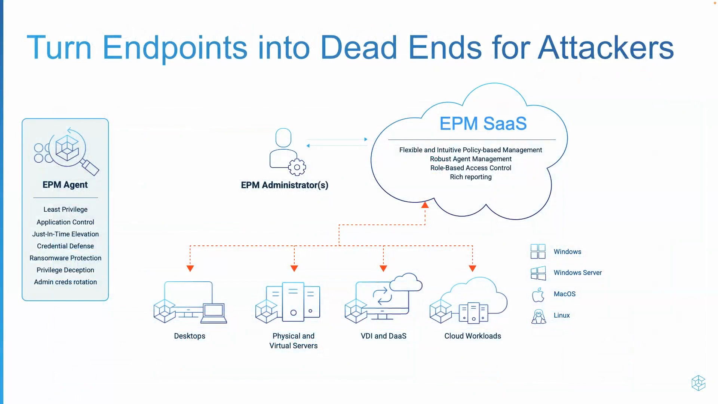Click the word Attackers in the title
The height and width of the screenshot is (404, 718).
(605, 48)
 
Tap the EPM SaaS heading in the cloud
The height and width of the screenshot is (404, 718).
(483, 123)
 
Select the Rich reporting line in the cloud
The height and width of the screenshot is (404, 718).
(470, 177)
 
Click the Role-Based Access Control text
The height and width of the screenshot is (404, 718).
(470, 168)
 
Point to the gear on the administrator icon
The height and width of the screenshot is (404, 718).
(297, 167)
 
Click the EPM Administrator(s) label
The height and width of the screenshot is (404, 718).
(284, 185)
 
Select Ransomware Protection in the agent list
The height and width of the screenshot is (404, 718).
(65, 258)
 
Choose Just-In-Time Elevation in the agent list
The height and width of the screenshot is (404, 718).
(65, 234)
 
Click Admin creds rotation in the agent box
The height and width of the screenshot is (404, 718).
(65, 282)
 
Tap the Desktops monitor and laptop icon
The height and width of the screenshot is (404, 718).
(190, 302)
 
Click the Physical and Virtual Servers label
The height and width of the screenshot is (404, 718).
(293, 341)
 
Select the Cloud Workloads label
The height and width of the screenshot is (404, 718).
(472, 336)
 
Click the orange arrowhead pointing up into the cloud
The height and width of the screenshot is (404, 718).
(425, 205)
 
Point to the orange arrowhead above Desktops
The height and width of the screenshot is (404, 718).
(190, 268)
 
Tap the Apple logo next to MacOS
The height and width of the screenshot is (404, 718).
(538, 295)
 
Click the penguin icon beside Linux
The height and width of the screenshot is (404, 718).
(538, 316)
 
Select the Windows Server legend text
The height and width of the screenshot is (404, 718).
(577, 273)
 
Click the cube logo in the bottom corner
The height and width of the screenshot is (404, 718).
(698, 383)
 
